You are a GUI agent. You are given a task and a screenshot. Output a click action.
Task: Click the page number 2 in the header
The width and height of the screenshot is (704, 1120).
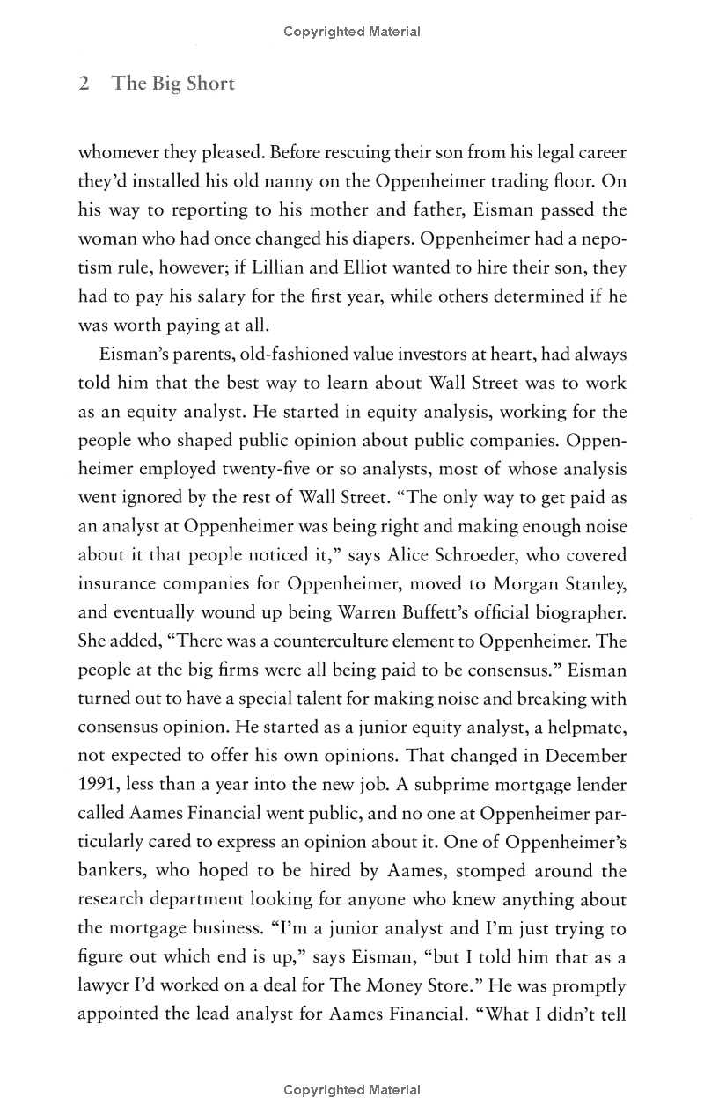coord(84,84)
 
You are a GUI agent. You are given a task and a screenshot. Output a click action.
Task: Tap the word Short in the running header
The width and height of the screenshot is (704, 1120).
coord(210,84)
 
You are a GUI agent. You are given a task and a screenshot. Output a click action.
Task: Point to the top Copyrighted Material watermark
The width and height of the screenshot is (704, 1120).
coord(352,32)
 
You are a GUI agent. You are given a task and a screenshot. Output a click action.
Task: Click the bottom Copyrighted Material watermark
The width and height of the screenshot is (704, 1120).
coord(352,1090)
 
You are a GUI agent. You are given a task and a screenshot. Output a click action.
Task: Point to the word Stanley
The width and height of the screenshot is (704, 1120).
coord(590,584)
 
